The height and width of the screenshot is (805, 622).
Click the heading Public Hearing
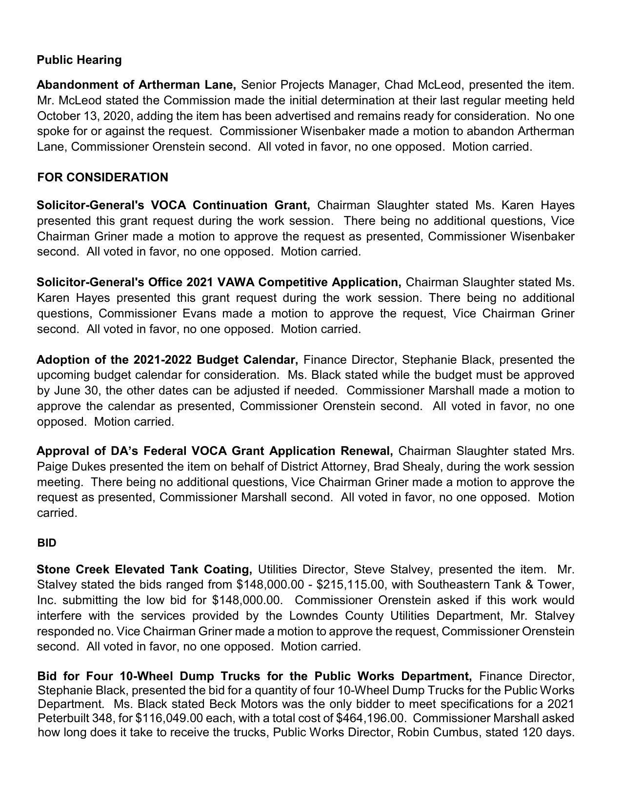tap(79, 60)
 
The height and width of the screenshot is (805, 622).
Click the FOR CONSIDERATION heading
tap(102, 177)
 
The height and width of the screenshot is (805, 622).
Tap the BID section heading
tap(46, 543)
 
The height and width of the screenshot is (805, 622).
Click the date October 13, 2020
tap(85, 116)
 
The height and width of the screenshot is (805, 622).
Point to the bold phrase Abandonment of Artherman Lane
tap(136, 85)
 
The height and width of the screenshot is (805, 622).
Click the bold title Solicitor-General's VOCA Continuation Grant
tap(173, 205)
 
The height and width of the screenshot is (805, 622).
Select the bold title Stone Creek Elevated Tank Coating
tap(144, 569)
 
